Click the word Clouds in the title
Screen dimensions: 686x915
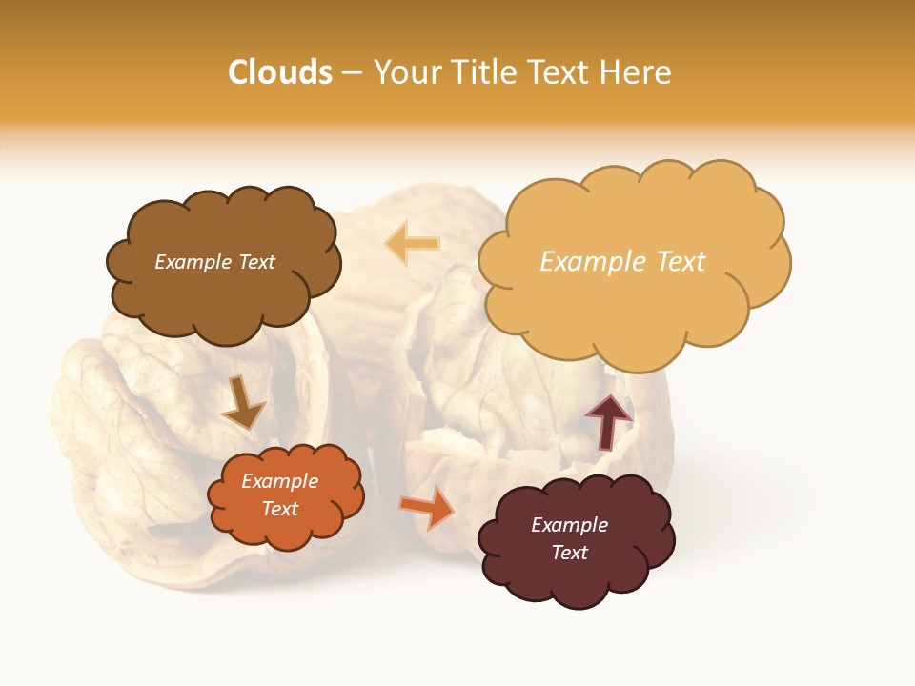click(x=280, y=72)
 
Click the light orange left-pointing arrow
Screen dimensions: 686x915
click(x=412, y=244)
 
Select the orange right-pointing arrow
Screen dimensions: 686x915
click(x=426, y=507)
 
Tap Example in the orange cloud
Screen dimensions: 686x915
click(x=280, y=481)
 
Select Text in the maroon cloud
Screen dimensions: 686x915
click(x=569, y=553)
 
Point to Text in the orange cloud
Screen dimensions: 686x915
click(x=280, y=509)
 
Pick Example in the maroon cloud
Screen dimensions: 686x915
click(x=569, y=525)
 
